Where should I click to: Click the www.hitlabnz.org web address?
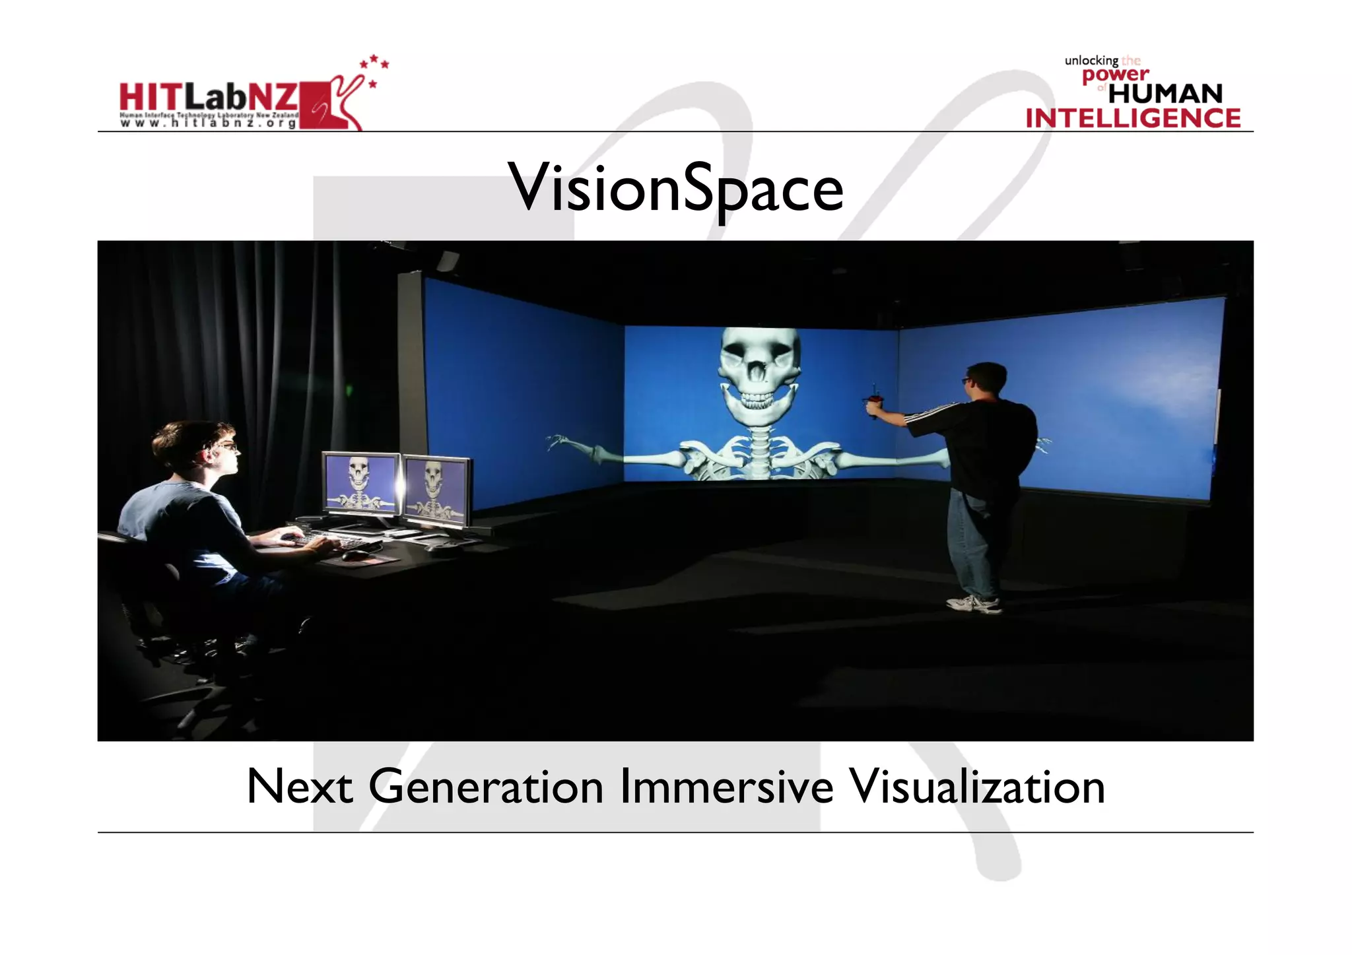pos(209,123)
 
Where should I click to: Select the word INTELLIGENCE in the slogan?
pos(1133,118)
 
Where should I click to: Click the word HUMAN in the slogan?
pos(1165,94)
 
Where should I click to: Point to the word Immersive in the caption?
pos(726,787)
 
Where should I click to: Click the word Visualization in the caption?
pos(976,787)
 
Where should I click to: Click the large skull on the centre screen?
pos(759,376)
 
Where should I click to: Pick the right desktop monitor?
pos(436,489)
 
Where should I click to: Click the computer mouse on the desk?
pos(354,554)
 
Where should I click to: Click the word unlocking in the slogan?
pos(1091,61)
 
